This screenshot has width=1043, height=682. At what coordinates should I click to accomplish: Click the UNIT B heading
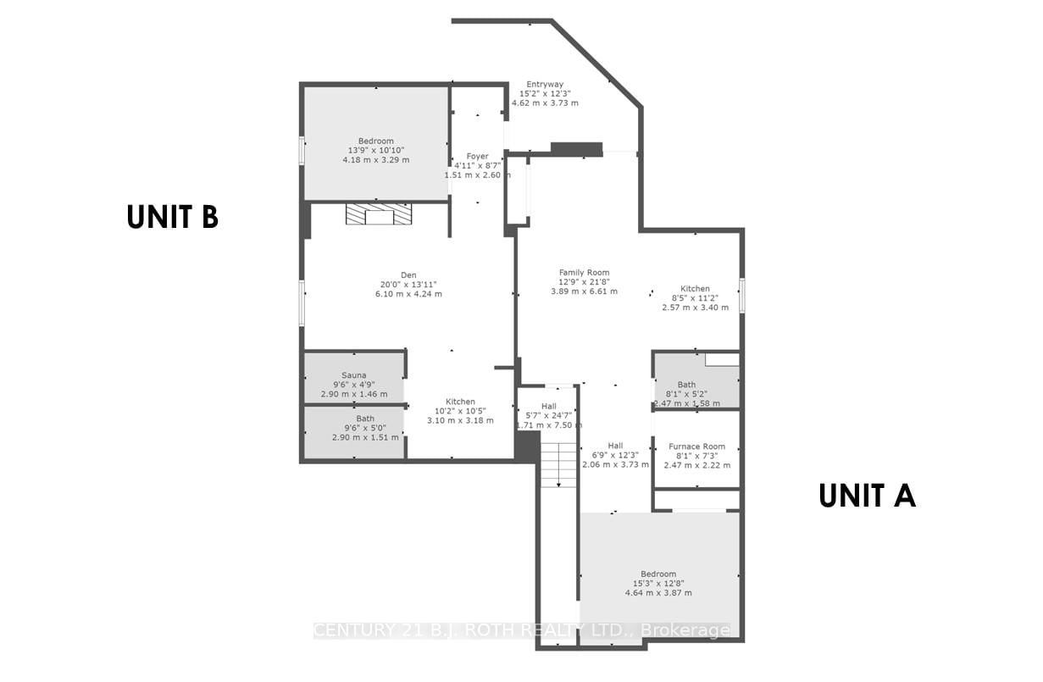tap(173, 217)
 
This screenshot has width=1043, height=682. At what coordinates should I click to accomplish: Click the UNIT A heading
tap(867, 496)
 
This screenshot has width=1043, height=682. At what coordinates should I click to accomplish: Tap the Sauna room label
tap(353, 375)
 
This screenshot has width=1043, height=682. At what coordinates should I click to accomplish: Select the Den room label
tap(408, 274)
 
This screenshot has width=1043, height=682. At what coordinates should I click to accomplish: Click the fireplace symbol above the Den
tap(379, 214)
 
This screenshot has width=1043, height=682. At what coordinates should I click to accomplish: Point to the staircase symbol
tap(558, 465)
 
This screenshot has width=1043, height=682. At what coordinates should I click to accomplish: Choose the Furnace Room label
tap(696, 446)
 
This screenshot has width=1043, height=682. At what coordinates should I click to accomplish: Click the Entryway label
tap(545, 84)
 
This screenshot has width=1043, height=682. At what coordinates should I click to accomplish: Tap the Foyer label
tap(477, 157)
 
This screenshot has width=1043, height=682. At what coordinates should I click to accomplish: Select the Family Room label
tap(585, 272)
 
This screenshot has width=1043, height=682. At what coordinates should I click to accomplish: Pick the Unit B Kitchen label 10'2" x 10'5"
tap(460, 402)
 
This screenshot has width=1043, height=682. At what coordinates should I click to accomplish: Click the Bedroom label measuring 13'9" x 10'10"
tap(375, 141)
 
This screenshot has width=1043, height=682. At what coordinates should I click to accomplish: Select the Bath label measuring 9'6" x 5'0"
tap(365, 419)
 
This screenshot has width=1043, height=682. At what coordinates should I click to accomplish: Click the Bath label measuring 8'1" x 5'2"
tap(686, 385)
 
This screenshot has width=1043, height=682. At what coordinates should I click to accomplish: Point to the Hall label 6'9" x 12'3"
tap(615, 446)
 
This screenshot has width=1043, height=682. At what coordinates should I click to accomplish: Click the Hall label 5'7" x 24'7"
tap(549, 406)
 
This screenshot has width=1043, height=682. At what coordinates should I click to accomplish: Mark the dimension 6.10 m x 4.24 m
tap(408, 294)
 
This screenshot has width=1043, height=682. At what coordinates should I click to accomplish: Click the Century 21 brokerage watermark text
tap(521, 630)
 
